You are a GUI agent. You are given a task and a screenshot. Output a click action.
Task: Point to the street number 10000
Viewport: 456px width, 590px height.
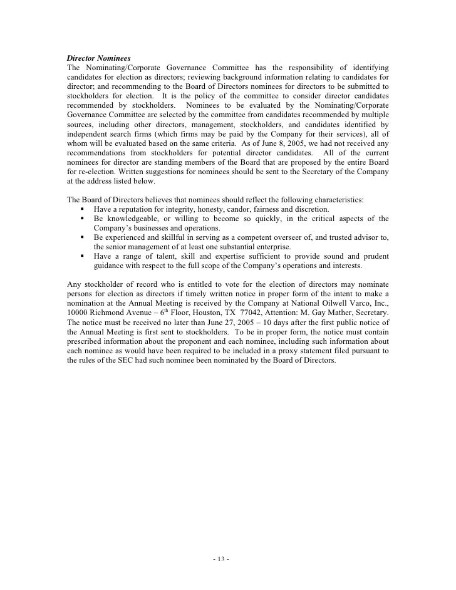79,313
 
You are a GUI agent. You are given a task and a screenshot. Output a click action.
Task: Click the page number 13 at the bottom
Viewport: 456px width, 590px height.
222,559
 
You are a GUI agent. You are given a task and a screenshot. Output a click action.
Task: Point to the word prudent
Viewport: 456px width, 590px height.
375,257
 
